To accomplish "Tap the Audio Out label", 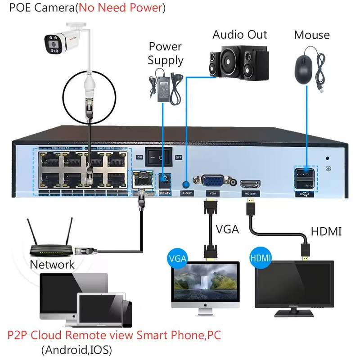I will coord(240,35).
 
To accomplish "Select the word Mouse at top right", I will coord(311,35).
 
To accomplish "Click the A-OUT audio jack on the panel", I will coord(186,184).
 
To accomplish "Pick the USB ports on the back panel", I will coord(306,178).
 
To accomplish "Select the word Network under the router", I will coord(52,265).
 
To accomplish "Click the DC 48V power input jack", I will coord(165,181).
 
